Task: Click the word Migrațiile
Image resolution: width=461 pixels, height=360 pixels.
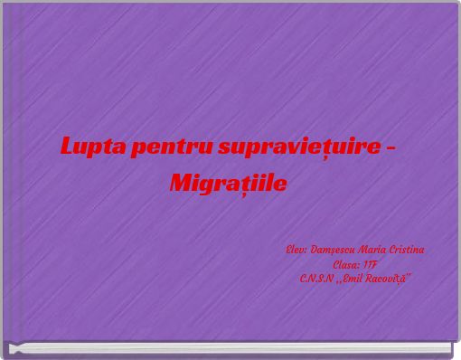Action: pos(229,185)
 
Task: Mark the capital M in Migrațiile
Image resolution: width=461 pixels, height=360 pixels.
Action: pos(182,184)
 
